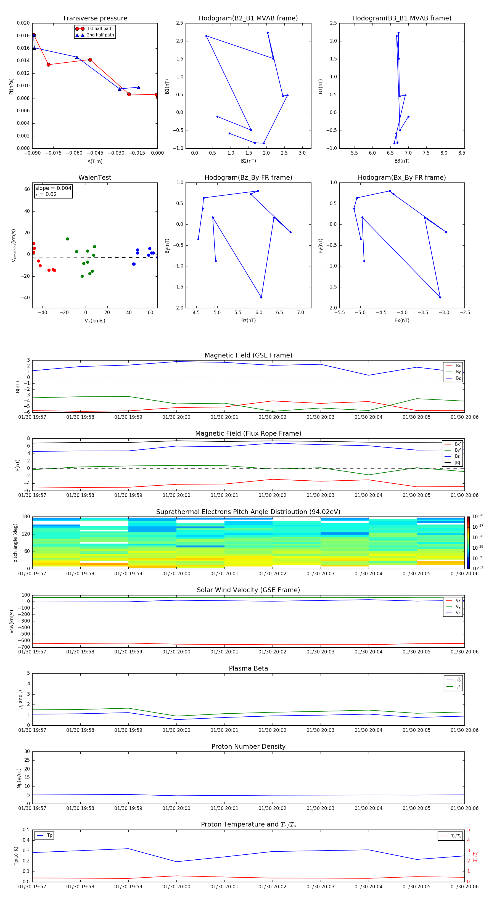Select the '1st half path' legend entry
(99, 29)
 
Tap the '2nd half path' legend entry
(100, 35)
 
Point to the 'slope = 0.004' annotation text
(53, 188)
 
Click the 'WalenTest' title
(95, 178)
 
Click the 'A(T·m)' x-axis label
(95, 161)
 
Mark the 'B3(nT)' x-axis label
(402, 161)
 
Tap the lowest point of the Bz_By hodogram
(261, 297)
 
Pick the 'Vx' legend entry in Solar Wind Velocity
(458, 600)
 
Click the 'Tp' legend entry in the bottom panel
(49, 835)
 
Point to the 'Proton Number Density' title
(248, 746)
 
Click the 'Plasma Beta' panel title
(248, 668)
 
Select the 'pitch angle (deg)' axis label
(15, 542)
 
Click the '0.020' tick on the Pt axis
(23, 23)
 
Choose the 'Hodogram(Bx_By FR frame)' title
(401, 178)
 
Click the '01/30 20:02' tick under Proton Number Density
(272, 808)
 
